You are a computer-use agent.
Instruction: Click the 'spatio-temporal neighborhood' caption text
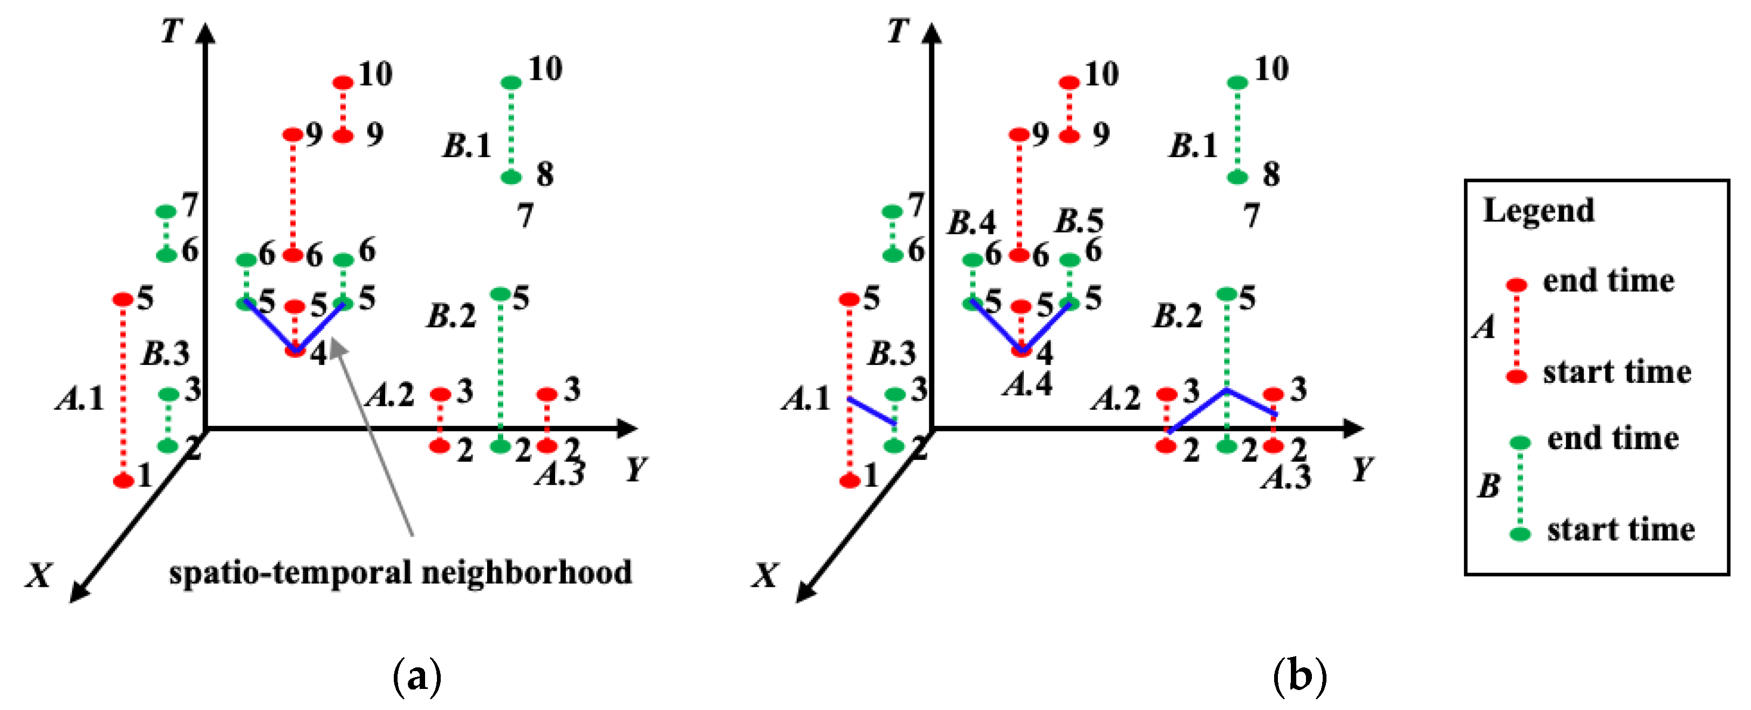pyautogui.click(x=400, y=573)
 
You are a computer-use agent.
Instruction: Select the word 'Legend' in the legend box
pyautogui.click(x=1538, y=211)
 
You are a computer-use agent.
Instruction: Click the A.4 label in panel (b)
pyautogui.click(x=1027, y=385)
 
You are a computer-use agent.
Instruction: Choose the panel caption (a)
pyautogui.click(x=416, y=676)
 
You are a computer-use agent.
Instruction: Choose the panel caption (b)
pyautogui.click(x=1299, y=676)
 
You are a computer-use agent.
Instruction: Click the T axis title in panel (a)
pyautogui.click(x=172, y=31)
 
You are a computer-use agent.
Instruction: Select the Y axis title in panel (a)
pyautogui.click(x=636, y=469)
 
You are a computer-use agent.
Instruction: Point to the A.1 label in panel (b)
pyautogui.click(x=806, y=398)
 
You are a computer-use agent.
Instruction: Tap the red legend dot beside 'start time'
pyautogui.click(x=1516, y=376)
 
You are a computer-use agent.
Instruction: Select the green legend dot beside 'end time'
pyautogui.click(x=1520, y=443)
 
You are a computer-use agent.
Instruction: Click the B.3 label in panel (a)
pyautogui.click(x=165, y=354)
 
